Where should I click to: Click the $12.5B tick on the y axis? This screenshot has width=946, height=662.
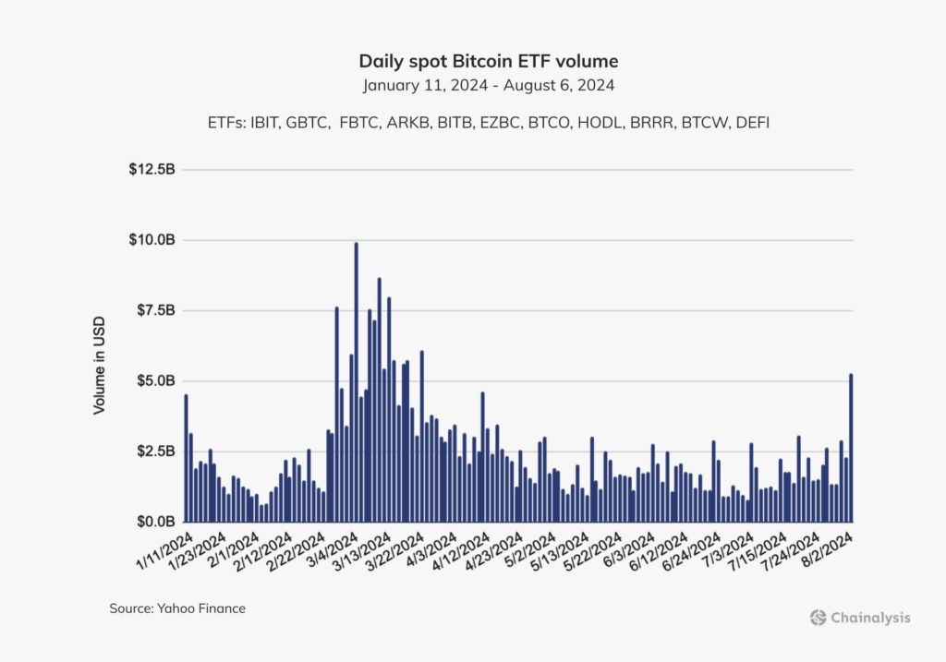[152, 170]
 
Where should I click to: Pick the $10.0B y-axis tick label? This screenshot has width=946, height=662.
[152, 240]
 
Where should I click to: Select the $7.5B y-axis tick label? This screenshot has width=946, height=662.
[154, 310]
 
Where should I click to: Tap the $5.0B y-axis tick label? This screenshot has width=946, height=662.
[154, 381]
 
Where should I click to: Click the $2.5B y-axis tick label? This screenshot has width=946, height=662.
[154, 451]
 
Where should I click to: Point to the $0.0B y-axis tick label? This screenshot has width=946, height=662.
[154, 522]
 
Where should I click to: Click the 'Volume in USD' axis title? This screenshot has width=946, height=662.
[100, 366]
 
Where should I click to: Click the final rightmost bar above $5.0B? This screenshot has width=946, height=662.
[850, 448]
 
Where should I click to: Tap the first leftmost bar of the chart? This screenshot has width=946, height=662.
[186, 458]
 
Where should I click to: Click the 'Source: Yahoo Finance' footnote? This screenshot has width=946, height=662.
[177, 608]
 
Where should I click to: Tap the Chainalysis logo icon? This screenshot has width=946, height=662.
[817, 618]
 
